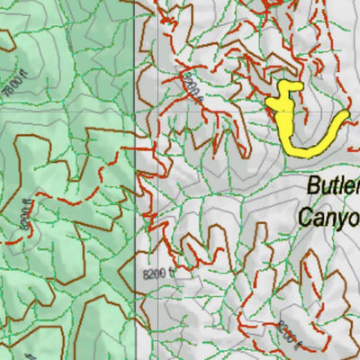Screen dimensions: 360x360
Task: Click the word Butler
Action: (334, 188)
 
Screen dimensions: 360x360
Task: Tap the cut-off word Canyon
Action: (329, 217)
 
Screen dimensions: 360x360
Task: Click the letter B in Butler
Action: (314, 187)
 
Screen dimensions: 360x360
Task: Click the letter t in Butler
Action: (337, 187)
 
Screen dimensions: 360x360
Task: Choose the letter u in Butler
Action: (328, 189)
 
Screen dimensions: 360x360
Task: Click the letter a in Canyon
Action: (319, 219)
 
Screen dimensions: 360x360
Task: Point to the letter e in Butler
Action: (350, 189)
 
